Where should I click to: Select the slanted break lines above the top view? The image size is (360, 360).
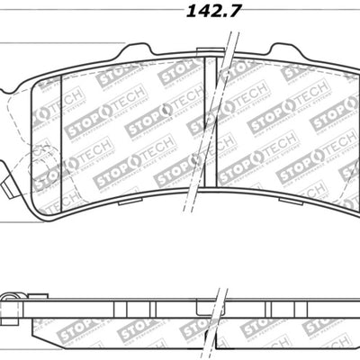(231, 40)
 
